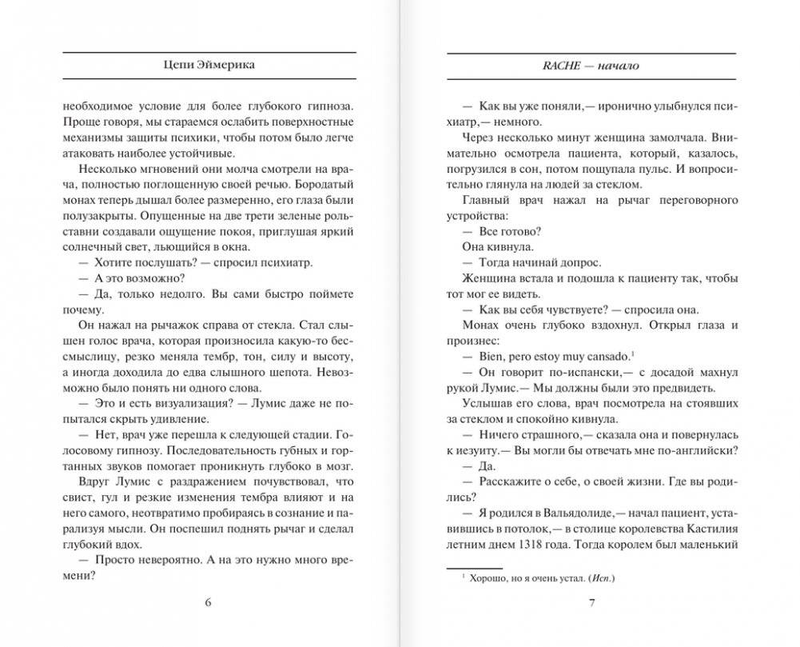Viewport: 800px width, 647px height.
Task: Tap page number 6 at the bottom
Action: click(x=208, y=602)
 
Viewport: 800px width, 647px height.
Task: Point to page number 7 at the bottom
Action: click(x=591, y=602)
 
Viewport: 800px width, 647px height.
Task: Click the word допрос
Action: click(x=579, y=262)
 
